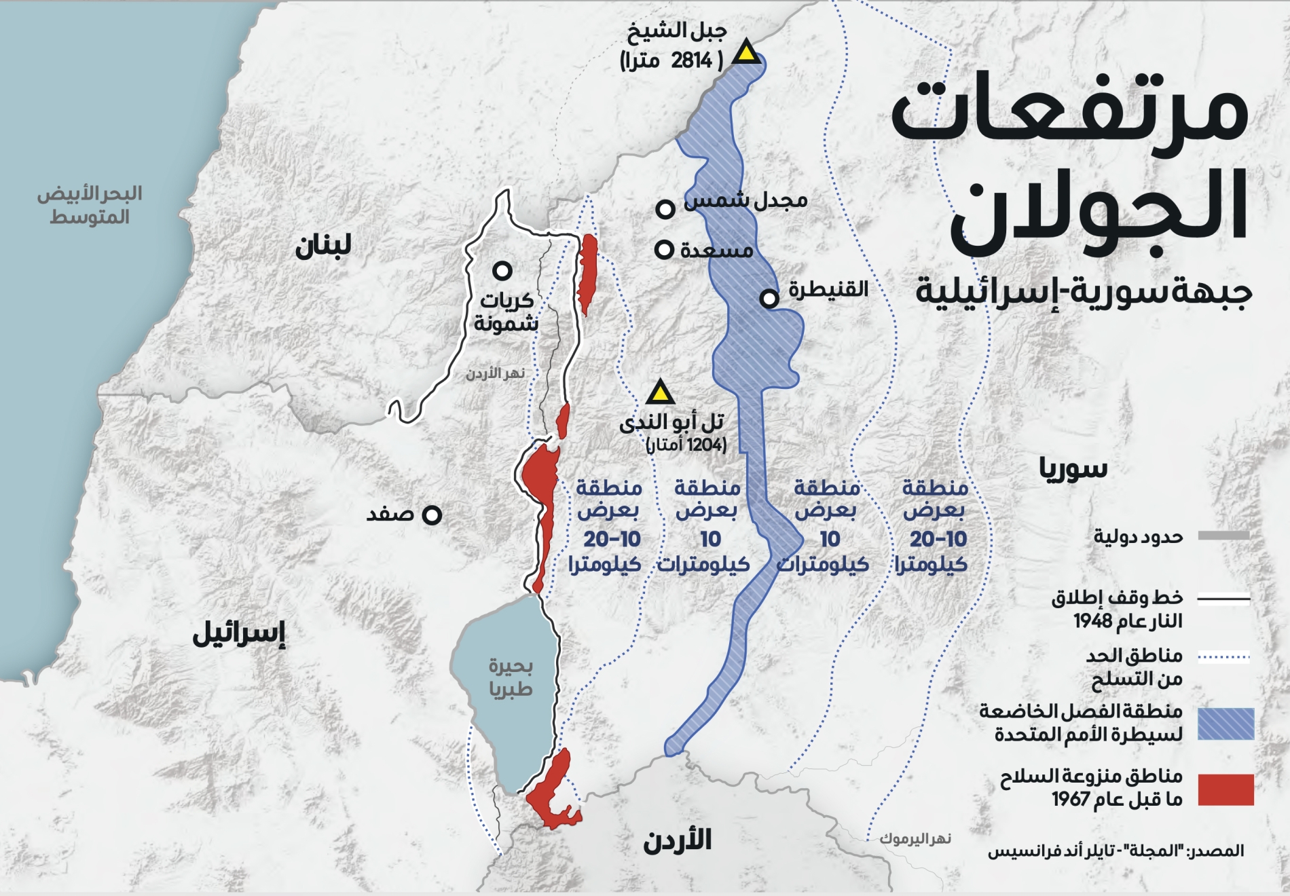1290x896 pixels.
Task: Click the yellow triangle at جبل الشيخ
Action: [746, 53]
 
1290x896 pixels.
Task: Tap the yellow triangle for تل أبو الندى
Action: [659, 393]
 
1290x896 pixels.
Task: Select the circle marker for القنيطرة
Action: [769, 298]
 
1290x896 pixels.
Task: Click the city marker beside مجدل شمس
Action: [665, 208]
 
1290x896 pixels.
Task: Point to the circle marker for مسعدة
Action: [664, 250]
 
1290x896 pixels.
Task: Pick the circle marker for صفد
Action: [432, 515]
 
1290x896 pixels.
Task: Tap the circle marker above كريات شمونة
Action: [502, 271]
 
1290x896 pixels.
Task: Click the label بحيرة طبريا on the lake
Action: [511, 677]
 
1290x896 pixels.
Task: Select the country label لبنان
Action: [323, 246]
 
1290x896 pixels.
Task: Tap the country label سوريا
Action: [1073, 468]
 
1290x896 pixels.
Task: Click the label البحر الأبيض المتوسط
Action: [90, 205]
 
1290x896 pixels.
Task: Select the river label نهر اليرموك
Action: [915, 839]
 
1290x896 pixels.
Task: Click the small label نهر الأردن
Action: [495, 373]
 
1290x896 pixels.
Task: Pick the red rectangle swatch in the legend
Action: [1225, 789]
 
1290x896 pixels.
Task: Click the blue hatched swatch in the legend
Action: [1225, 724]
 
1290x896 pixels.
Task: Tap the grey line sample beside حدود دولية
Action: [1223, 536]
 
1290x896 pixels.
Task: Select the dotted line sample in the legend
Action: [1223, 656]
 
